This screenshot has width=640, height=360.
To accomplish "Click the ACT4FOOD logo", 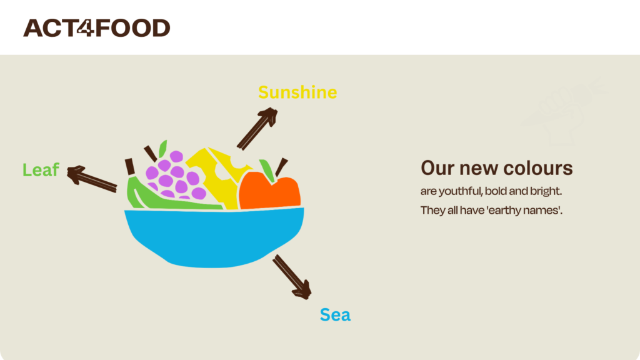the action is click(x=96, y=27).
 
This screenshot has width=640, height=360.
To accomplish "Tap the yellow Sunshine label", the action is click(x=297, y=92).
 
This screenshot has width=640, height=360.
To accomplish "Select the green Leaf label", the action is click(x=41, y=169).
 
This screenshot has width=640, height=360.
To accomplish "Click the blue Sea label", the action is click(x=335, y=315).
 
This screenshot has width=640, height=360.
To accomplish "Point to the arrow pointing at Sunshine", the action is click(x=257, y=128).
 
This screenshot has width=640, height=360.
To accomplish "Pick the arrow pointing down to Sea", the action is click(x=292, y=277).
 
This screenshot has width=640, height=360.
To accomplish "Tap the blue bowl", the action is click(x=214, y=237).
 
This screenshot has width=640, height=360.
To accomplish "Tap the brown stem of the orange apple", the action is click(x=282, y=167).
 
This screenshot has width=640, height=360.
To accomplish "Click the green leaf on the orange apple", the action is click(x=267, y=171).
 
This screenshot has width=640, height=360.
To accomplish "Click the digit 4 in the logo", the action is click(x=86, y=27).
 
